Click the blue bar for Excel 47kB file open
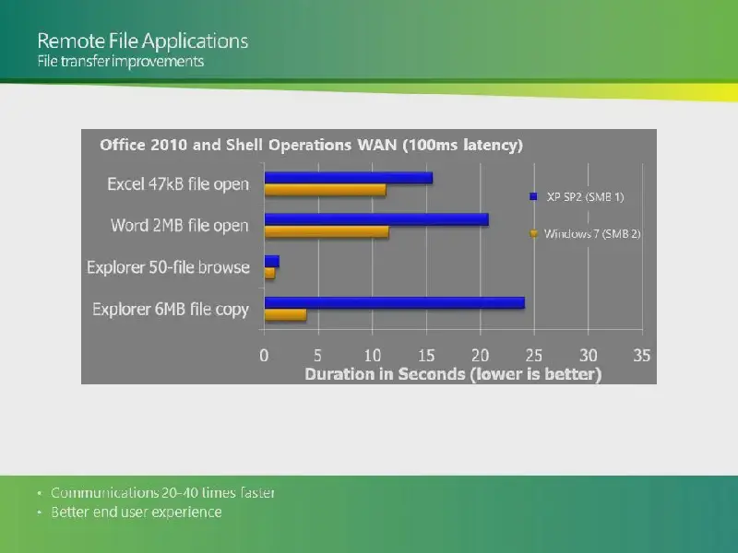click(349, 178)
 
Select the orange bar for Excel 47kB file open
click(326, 190)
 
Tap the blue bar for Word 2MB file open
click(376, 219)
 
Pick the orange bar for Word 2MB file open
click(327, 232)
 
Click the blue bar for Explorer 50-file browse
click(272, 262)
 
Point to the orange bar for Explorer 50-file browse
click(269, 273)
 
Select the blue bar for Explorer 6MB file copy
click(395, 303)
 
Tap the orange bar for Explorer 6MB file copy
click(286, 315)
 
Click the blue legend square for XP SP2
click(533, 196)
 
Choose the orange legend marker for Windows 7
click(533, 233)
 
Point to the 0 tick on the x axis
click(264, 356)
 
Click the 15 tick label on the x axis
click(426, 356)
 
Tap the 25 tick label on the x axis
click(534, 356)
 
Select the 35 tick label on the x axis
click(642, 356)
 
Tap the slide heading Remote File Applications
click(143, 41)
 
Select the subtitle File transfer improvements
click(121, 61)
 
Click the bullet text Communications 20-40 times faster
click(163, 493)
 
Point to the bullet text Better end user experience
click(137, 512)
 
